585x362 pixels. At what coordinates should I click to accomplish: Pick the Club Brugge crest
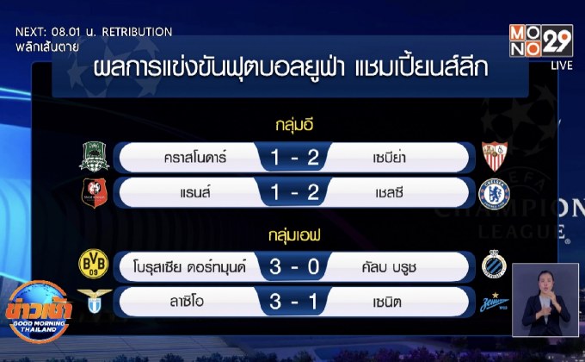[494, 265]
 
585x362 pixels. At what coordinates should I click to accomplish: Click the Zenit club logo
[494, 303]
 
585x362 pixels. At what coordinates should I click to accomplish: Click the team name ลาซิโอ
[192, 303]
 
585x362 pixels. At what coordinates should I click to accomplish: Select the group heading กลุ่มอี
[292, 125]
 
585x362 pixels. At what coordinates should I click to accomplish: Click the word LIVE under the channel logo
[560, 66]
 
